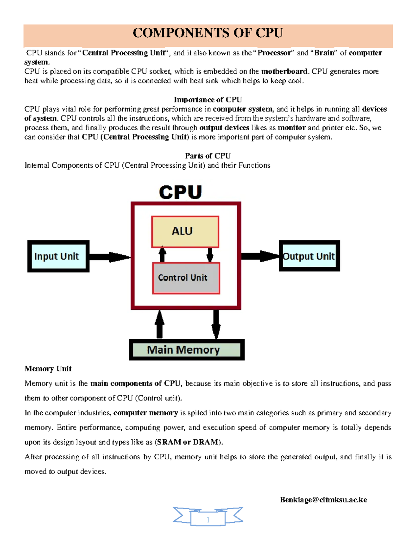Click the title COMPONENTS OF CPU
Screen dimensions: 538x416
pyautogui.click(x=208, y=33)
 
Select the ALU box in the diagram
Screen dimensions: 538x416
pyautogui.click(x=185, y=231)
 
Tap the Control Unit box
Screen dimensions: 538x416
pyautogui.click(x=186, y=278)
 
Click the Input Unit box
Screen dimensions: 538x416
pyautogui.click(x=58, y=256)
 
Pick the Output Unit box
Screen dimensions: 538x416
pyautogui.click(x=309, y=256)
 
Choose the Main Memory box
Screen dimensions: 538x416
pyautogui.click(x=187, y=350)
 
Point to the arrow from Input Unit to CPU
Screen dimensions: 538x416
pyautogui.click(x=109, y=257)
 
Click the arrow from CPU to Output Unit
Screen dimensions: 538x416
pyautogui.click(x=260, y=256)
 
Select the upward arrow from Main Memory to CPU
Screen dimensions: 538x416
pyautogui.click(x=159, y=324)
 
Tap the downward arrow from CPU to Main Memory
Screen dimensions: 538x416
pyautogui.click(x=216, y=324)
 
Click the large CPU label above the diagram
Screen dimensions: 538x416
pyautogui.click(x=180, y=192)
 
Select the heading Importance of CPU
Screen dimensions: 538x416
pyautogui.click(x=208, y=100)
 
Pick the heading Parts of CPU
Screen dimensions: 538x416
pyautogui.click(x=208, y=156)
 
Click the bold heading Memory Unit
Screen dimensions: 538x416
pyautogui.click(x=48, y=369)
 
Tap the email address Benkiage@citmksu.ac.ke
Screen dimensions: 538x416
pyautogui.click(x=323, y=500)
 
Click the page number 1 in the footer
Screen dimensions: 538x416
pyautogui.click(x=208, y=519)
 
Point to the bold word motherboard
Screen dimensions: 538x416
pyautogui.click(x=284, y=71)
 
